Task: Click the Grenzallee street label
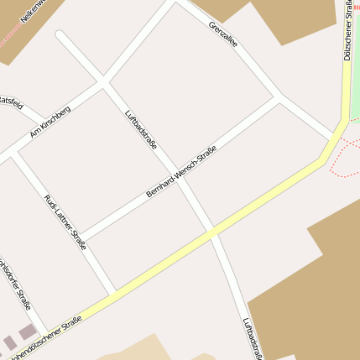click(x=223, y=35)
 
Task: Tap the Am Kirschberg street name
click(x=50, y=121)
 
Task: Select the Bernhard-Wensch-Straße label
click(x=181, y=172)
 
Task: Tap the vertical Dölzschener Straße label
click(x=347, y=32)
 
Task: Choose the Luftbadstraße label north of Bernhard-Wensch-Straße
click(x=140, y=129)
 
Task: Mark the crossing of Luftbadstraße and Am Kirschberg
click(x=103, y=82)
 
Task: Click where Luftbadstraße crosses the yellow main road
click(x=213, y=230)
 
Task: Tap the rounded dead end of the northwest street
click(x=60, y=35)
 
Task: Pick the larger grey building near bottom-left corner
click(x=27, y=333)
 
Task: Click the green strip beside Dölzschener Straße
click(x=355, y=67)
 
